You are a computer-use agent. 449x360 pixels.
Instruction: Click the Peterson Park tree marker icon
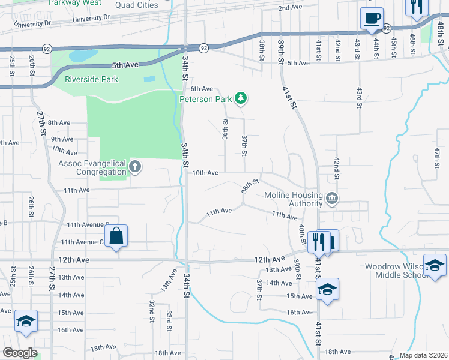[x=241, y=98]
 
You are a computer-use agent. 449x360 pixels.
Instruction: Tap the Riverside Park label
[x=92, y=79]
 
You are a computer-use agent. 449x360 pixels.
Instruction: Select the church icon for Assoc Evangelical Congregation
[x=135, y=167]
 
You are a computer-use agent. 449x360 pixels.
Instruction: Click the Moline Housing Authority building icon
[x=331, y=199]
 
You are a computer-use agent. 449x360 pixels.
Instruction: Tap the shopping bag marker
[x=116, y=236]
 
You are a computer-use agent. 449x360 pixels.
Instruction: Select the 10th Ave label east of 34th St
[x=205, y=173]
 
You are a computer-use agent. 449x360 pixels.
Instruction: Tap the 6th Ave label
[x=202, y=88]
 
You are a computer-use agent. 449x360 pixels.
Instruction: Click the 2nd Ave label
[x=290, y=8]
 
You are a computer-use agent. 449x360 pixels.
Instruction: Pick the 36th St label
[x=225, y=129]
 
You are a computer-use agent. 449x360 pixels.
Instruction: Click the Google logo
[x=20, y=353]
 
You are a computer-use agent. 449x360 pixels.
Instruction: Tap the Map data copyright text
[x=423, y=355]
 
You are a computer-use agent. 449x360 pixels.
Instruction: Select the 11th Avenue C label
[x=82, y=242]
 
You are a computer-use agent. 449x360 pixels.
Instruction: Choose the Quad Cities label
[x=137, y=5]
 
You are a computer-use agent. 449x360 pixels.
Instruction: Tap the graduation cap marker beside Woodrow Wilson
[x=435, y=265]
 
